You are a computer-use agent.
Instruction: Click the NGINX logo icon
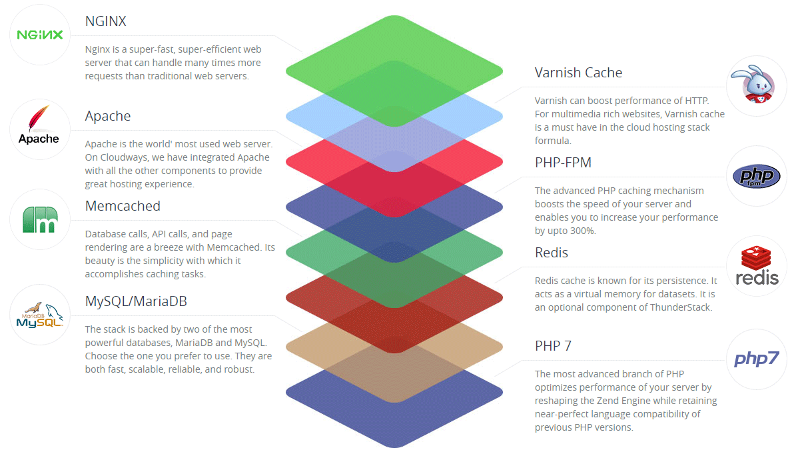point(39,35)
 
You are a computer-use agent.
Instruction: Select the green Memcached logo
point(39,219)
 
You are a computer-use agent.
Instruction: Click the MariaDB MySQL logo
point(39,315)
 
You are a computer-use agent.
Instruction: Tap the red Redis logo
point(757,265)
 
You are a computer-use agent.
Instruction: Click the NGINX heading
point(105,21)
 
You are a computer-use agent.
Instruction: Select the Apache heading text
point(108,116)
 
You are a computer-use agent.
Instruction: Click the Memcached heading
point(123,206)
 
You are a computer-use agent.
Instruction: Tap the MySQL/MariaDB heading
point(136,301)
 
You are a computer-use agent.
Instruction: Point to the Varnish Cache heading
point(578,73)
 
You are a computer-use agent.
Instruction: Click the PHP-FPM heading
point(563,163)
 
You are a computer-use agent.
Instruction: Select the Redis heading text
point(551,253)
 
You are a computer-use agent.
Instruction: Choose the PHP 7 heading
point(553,346)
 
